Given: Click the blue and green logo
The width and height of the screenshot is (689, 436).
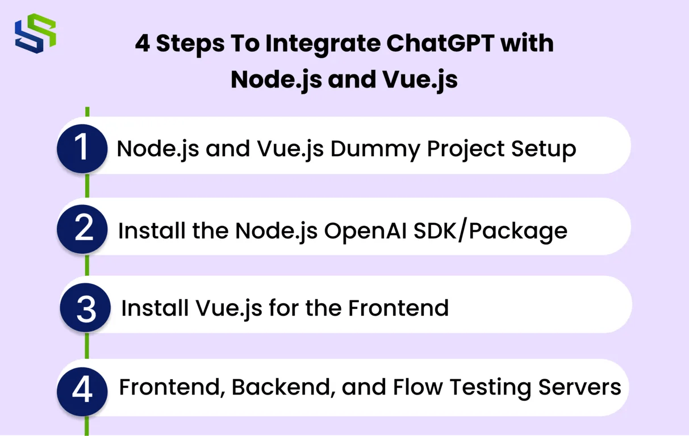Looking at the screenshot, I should click(35, 33).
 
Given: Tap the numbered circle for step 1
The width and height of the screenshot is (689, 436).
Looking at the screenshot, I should click(82, 148).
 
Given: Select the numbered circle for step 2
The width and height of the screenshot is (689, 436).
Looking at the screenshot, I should click(83, 229).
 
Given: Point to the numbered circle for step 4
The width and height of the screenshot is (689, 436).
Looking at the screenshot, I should click(82, 389).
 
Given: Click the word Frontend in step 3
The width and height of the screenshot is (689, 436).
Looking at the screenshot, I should click(398, 308).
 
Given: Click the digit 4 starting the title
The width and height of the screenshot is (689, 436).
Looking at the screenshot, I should click(143, 44).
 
